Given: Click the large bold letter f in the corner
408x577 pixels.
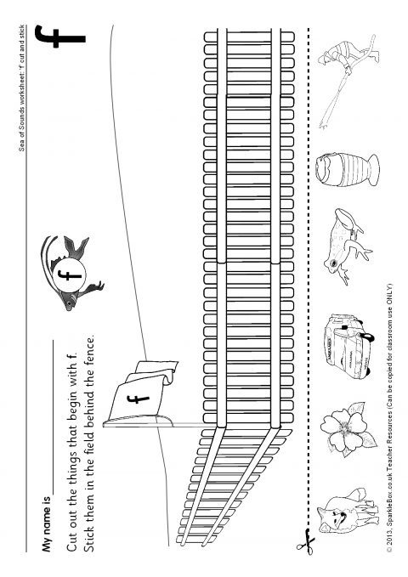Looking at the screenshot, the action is (x=59, y=37).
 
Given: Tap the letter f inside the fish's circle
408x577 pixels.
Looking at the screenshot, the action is (x=69, y=274).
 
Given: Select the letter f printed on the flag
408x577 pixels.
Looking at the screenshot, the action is (x=139, y=399).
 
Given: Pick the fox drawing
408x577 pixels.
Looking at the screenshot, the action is (x=347, y=511).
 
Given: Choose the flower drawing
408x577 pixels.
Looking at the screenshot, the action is (x=348, y=428).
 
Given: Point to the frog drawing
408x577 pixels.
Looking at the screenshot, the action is (x=346, y=246).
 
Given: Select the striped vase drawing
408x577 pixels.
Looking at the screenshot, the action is (x=347, y=170).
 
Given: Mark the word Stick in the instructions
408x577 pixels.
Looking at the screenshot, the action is (x=90, y=535).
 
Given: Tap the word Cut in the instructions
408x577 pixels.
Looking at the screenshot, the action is (x=72, y=540).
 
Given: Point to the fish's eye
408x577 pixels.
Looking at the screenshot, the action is (x=69, y=303).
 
